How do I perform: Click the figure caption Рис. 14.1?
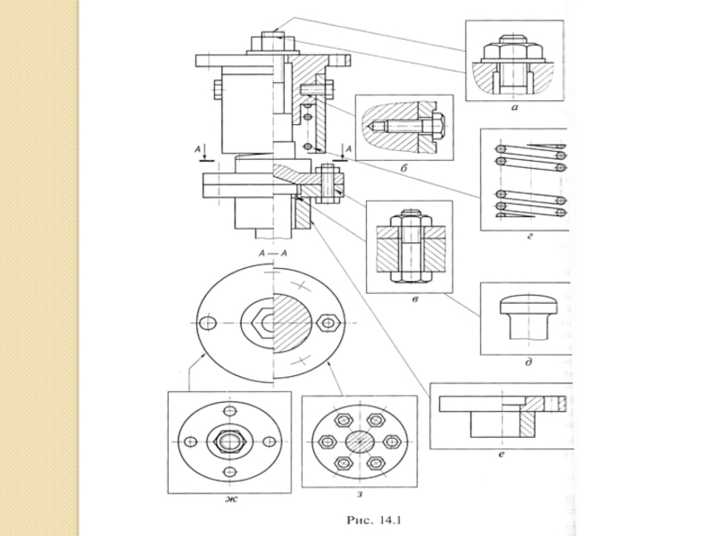[374, 520]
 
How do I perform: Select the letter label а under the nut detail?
[515, 108]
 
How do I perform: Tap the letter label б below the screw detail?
[403, 169]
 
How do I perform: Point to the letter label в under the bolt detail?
[414, 299]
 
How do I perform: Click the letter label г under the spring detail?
[529, 236]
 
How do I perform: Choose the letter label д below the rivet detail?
[528, 363]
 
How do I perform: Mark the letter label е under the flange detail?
[502, 455]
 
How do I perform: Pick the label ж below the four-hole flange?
[231, 499]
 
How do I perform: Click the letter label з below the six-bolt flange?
[360, 495]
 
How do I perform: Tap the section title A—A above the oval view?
[272, 254]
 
